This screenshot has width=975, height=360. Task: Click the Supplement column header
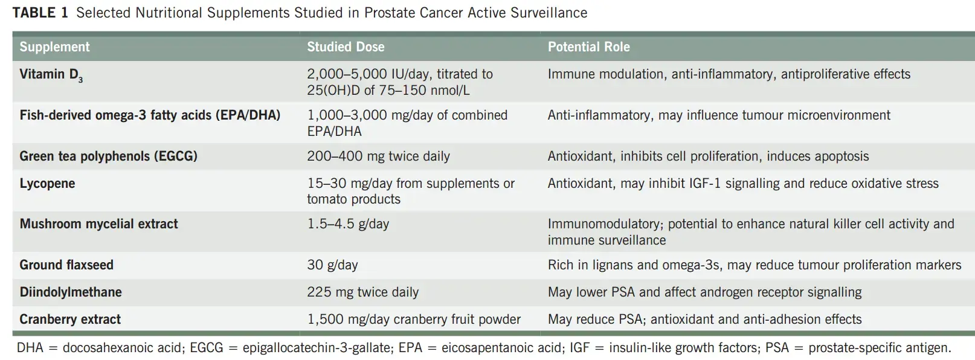click(x=54, y=47)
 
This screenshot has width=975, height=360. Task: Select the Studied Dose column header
click(x=346, y=47)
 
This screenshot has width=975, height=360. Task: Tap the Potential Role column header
click(x=588, y=47)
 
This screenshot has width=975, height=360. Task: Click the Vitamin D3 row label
click(x=51, y=75)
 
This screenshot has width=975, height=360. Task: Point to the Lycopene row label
click(x=47, y=184)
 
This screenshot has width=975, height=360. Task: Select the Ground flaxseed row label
click(x=66, y=265)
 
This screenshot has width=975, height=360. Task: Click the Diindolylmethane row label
click(x=71, y=292)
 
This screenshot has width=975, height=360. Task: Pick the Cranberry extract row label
click(x=70, y=320)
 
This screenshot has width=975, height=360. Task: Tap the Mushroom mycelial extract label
click(x=99, y=224)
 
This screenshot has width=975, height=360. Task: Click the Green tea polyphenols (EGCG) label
click(x=108, y=156)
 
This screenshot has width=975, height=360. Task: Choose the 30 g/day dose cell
click(x=332, y=265)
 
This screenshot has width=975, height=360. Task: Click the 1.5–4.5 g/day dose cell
click(x=348, y=224)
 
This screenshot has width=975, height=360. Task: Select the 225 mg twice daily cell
click(x=362, y=292)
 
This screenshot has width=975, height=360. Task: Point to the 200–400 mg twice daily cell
click(x=378, y=156)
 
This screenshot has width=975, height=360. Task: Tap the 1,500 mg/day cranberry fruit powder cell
click(x=414, y=320)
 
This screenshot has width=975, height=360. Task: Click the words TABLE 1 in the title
click(x=40, y=13)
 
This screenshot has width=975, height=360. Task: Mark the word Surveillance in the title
click(x=549, y=13)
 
